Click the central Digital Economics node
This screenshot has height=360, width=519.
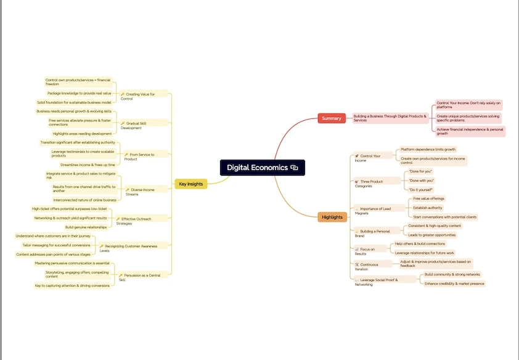(257, 168)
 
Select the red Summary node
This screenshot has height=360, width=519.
(331, 118)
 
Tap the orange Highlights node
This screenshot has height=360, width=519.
(332, 217)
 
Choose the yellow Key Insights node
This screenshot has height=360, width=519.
(190, 184)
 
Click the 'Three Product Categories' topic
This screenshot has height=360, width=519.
(372, 183)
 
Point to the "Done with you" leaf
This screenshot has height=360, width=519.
(421, 180)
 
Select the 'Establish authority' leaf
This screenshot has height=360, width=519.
(427, 208)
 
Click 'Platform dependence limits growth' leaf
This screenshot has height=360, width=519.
(428, 149)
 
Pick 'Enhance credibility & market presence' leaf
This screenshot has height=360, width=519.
(455, 284)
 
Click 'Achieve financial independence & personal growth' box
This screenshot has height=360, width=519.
(470, 131)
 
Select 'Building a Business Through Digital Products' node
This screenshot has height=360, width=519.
(390, 118)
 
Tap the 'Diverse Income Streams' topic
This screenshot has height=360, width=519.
(141, 192)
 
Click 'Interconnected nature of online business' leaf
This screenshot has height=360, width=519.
(84, 200)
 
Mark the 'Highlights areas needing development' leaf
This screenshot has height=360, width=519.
(82, 134)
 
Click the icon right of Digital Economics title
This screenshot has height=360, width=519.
(295, 168)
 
